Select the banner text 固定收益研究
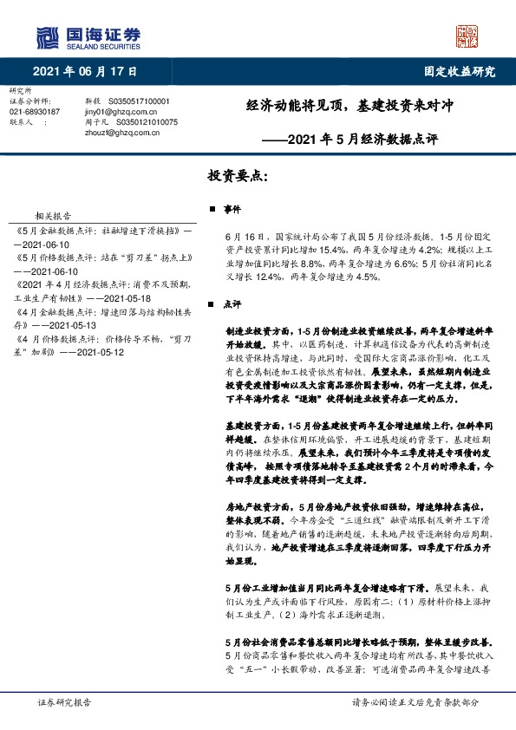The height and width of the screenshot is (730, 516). (x=460, y=72)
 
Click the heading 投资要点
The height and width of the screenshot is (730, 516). (x=238, y=174)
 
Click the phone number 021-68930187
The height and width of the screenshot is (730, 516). (x=35, y=112)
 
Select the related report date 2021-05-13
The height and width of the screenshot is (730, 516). (x=74, y=324)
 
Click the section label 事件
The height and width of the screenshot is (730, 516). (x=232, y=210)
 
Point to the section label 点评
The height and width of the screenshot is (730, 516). (x=232, y=304)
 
